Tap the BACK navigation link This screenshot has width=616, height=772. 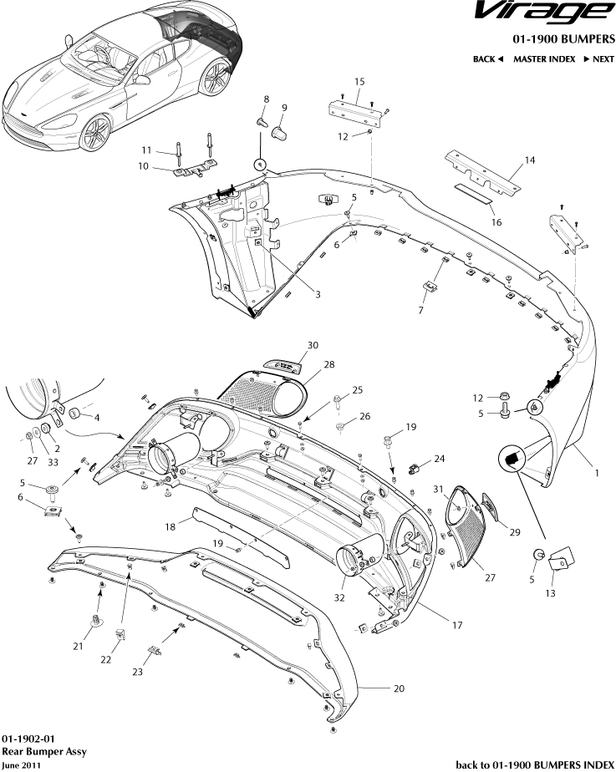tap(488, 59)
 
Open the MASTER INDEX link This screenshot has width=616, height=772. tap(543, 59)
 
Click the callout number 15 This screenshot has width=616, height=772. tap(359, 81)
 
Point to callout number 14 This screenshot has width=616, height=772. tap(529, 160)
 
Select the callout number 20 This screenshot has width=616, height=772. tap(399, 688)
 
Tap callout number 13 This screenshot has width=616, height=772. tap(550, 593)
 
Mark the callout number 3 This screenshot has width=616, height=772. tap(318, 294)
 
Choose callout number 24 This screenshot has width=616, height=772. tap(439, 459)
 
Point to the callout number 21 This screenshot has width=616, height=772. tap(77, 645)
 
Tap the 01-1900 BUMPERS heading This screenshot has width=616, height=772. tap(564, 38)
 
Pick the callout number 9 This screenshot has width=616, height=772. tap(284, 108)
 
